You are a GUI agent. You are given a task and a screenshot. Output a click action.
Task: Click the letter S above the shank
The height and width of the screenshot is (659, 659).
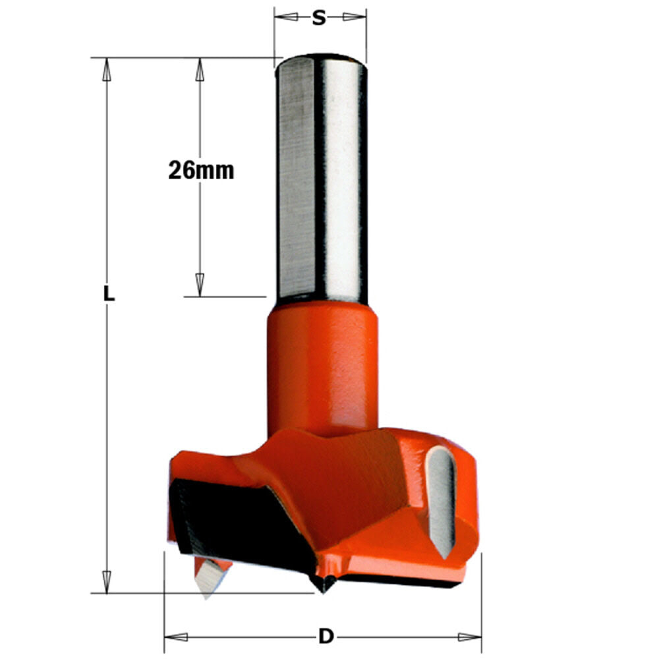[x=319, y=18]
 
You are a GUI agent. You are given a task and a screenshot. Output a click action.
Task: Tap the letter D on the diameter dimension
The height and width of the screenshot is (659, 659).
[x=325, y=637]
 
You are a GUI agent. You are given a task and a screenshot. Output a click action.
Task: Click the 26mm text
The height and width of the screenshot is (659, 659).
[x=201, y=171]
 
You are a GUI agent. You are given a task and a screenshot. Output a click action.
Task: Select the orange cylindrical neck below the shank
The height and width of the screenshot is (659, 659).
[x=322, y=369]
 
